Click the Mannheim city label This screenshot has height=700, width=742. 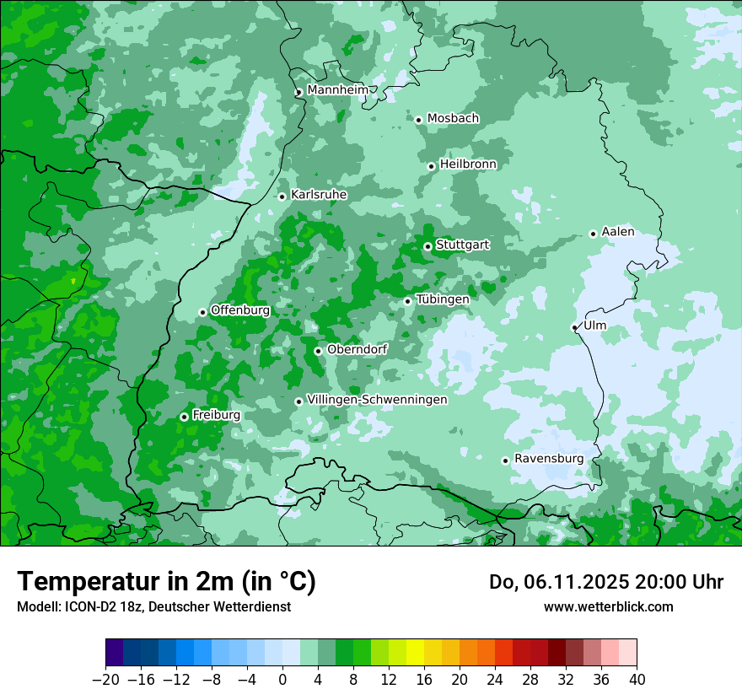pos(337,90)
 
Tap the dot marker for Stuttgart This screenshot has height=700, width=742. pos(427,246)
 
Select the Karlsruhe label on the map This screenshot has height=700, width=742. pos(319,195)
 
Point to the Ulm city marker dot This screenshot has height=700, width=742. pos(574,327)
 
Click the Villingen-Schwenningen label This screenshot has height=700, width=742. pos(377,400)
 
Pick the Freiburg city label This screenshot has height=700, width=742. pos(216,415)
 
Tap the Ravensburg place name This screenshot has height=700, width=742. pos(549,459)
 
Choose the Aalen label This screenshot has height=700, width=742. pos(618,232)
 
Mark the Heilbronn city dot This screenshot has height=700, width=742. pos(431,166)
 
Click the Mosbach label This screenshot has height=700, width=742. pos(453,119)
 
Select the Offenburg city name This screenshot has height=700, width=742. pos(240,310)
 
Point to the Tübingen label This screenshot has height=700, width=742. pos(442,299)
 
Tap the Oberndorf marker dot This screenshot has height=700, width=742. pos(318,351)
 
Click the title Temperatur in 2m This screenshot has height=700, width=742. pos(166,581)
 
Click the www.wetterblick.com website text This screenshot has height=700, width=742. pos(608,606)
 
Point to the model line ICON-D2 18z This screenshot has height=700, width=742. pos(153,606)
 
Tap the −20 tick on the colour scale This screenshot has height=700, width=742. pos(105,680)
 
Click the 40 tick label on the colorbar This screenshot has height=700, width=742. pos(637,680)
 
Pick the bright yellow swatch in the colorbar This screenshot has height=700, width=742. pos(415,652)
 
